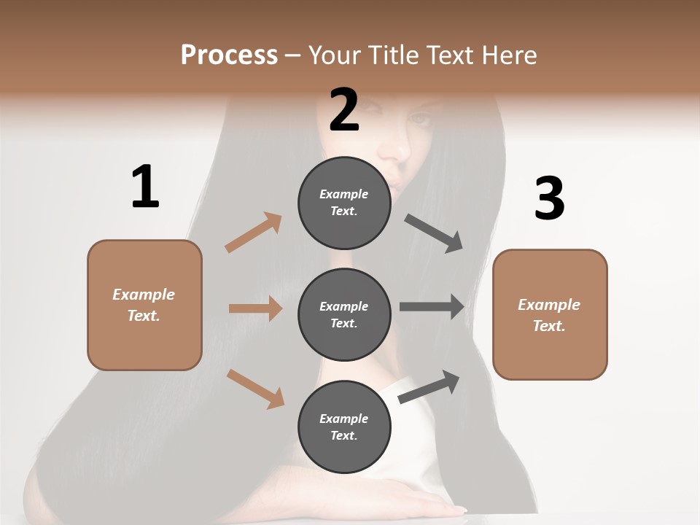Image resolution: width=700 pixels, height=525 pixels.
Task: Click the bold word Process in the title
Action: click(229, 55)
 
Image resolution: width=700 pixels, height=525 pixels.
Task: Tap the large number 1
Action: click(145, 187)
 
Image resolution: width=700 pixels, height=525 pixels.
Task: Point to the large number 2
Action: click(344, 110)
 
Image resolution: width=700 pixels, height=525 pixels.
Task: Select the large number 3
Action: click(549, 198)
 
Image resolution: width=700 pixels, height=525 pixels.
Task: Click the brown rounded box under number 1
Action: click(144, 305)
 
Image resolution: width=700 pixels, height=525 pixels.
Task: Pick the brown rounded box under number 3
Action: click(550, 314)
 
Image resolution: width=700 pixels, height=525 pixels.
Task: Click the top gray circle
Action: click(344, 203)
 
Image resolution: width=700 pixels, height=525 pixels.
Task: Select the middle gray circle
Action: click(344, 314)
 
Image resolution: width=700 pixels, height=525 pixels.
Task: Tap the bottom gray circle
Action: click(344, 427)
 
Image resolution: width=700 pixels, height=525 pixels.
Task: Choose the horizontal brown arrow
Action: click(255, 308)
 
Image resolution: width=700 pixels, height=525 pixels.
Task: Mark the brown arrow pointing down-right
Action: click(256, 388)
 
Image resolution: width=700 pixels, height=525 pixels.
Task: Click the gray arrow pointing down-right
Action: click(433, 233)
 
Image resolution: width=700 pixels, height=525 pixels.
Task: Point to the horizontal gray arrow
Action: click(432, 307)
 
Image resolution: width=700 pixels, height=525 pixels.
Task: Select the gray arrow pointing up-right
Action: click(429, 386)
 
